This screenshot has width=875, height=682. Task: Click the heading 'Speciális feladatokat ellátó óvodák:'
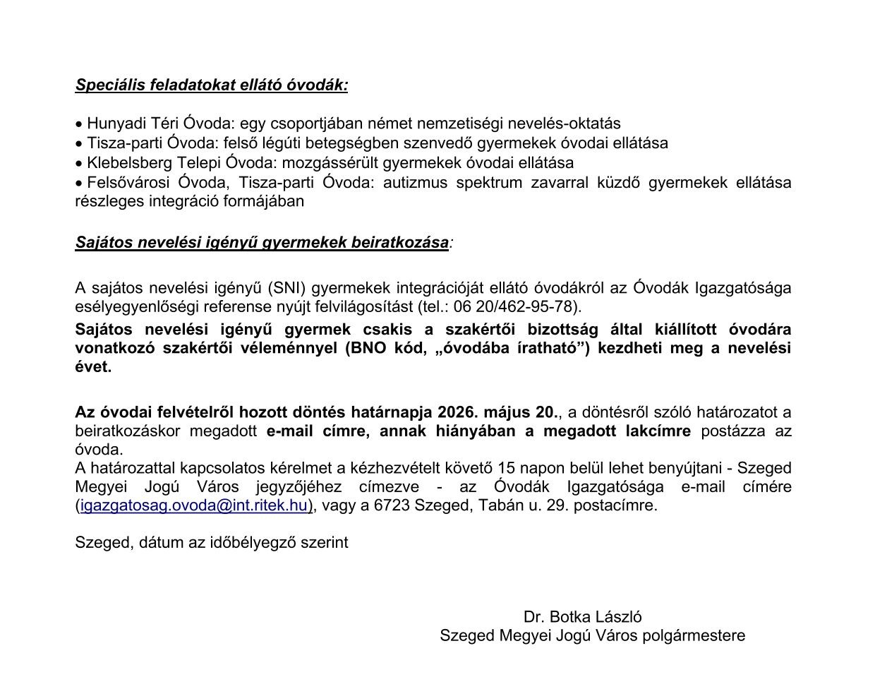click(212, 85)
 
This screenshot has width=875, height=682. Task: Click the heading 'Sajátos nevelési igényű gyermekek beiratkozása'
click(262, 243)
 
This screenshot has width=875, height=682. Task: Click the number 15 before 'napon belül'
click(506, 469)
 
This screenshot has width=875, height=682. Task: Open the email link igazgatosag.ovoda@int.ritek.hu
click(194, 505)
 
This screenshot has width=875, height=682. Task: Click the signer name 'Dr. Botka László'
click(582, 617)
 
